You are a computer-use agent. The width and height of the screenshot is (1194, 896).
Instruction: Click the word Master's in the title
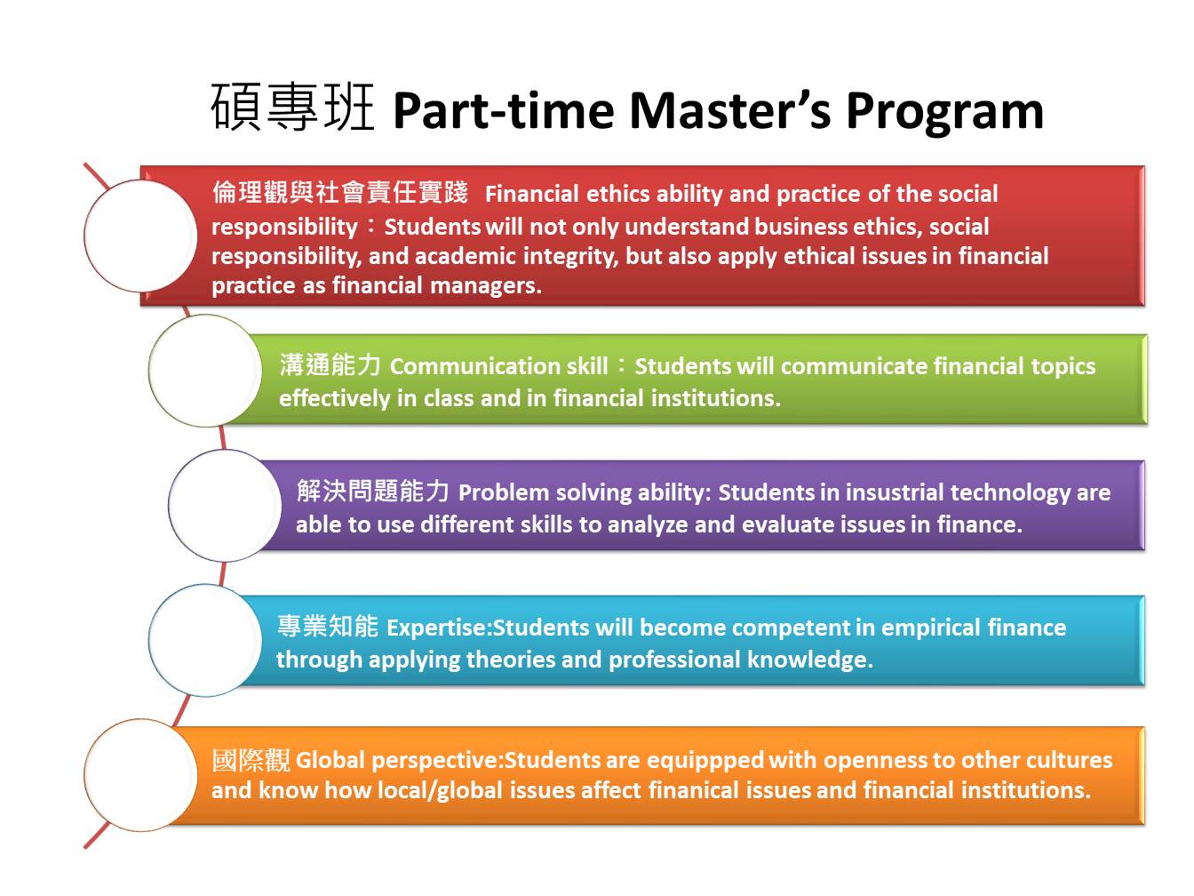pos(730,110)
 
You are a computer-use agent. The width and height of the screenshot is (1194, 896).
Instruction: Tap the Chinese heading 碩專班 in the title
pos(292,108)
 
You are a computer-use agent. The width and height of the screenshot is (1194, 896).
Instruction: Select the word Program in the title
pos(945,115)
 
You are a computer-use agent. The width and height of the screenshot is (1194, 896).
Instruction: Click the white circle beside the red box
pos(140,236)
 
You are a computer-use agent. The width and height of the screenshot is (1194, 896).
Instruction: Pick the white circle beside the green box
pos(205,371)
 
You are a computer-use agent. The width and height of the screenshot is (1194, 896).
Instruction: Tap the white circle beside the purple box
pos(225,506)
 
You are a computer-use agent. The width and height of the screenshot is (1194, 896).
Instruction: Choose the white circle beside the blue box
pos(205,640)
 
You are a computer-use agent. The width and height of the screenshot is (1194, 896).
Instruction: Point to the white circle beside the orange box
pos(140,775)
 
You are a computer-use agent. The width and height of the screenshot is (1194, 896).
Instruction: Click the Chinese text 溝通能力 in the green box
pos(330,364)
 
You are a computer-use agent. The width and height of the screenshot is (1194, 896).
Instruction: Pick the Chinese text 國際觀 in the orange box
pos(251,760)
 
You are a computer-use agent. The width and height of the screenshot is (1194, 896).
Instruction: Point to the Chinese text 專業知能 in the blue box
pos(328,626)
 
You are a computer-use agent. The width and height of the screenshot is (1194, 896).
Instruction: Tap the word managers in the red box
pos(485,286)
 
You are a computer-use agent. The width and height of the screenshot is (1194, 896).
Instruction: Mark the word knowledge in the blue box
pos(810,660)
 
